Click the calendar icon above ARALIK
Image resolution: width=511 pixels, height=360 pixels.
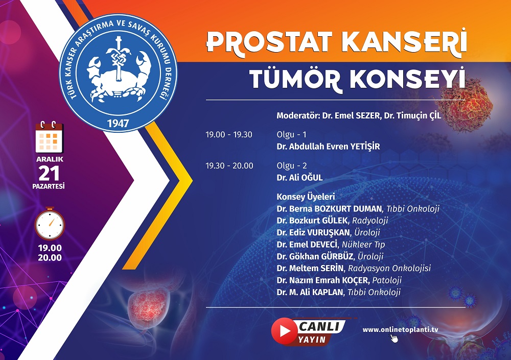click(49, 137)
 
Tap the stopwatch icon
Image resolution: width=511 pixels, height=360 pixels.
click(50, 224)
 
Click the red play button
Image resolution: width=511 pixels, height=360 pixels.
click(284, 331)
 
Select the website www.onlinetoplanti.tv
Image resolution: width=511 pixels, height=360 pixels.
click(400, 330)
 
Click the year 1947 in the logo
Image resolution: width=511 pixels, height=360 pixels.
click(118, 123)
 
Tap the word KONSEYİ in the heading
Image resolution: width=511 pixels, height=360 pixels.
click(407, 79)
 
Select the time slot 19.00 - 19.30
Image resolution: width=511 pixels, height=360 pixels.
click(229, 134)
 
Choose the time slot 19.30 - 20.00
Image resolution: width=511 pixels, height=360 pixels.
click(229, 165)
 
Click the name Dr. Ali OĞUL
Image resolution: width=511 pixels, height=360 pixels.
click(299, 178)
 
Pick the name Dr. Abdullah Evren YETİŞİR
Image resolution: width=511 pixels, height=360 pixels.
click(328, 146)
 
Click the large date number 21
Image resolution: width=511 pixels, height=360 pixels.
click(49, 173)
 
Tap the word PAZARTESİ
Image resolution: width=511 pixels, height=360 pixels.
click(48, 186)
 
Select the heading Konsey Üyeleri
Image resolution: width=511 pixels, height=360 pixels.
click(306, 197)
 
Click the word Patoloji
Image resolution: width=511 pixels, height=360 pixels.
click(387, 280)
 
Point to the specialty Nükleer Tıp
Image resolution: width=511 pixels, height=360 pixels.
click(363, 245)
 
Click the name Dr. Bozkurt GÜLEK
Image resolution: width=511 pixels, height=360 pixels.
click(312, 221)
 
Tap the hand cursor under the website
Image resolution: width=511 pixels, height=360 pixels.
click(394, 339)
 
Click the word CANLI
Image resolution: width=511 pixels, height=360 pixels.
click(319, 326)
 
